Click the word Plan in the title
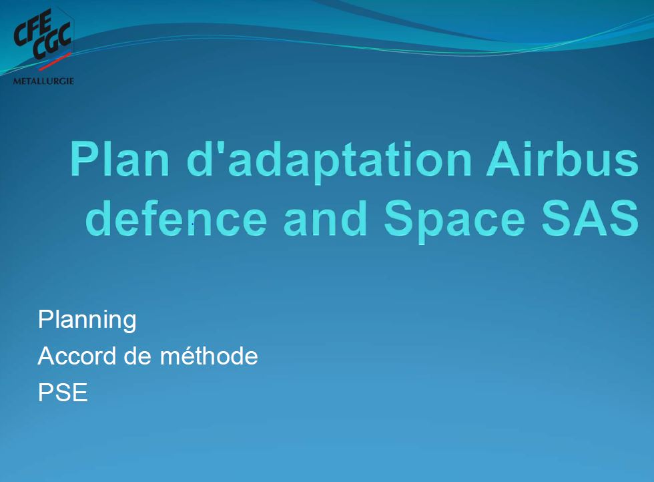pos(119,159)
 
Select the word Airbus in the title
pos(563,159)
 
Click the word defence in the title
pos(176,218)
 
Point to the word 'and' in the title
pos(325,218)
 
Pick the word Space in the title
pos(454,222)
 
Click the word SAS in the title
pos(590,218)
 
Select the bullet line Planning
pos(87,320)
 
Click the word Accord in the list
pos(77,356)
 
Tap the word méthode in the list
pos(209,356)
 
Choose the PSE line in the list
pos(63,393)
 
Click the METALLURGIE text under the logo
pos(43,81)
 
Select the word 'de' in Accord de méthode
pos(138,356)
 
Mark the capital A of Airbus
pos(503,159)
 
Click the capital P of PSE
pos(45,393)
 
